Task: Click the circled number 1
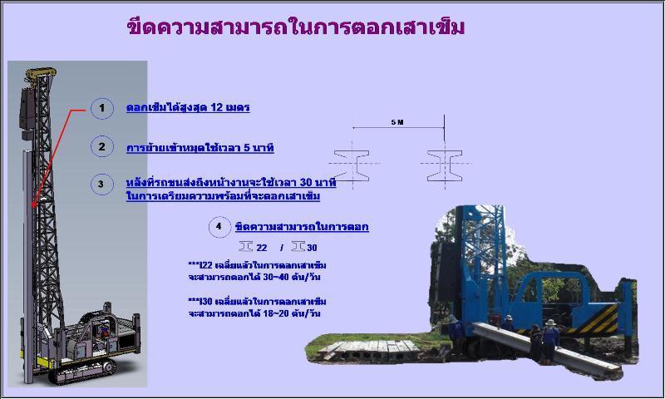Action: [101, 108]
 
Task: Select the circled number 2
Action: [101, 146]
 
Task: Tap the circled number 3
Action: [101, 185]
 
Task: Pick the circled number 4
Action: [219, 226]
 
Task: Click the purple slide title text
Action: [296, 27]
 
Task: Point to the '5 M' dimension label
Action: [397, 122]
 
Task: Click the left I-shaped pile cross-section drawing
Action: [352, 165]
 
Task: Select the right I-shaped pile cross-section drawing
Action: [445, 165]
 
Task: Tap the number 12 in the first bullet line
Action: [217, 107]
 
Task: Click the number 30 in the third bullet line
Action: [306, 182]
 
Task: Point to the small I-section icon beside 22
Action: [246, 246]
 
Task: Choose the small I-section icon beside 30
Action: [298, 246]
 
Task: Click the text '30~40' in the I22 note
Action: [276, 278]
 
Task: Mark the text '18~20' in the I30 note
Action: [276, 313]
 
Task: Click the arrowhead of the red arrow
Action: [33, 204]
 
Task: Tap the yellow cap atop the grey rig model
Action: [41, 73]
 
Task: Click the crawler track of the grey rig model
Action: [82, 371]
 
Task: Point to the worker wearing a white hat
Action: [550, 339]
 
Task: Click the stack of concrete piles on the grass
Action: [370, 350]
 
